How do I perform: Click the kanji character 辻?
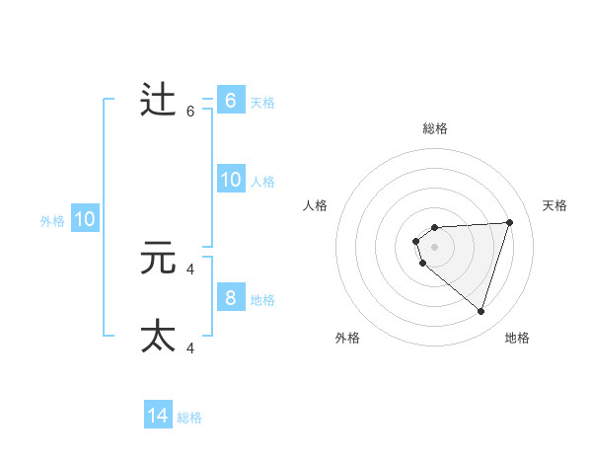(158, 101)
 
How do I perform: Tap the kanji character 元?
(158, 259)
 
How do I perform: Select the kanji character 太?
(158, 336)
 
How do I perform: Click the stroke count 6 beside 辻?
(190, 112)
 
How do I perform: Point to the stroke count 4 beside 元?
(190, 269)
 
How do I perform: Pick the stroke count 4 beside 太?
(190, 348)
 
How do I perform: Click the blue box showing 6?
(230, 101)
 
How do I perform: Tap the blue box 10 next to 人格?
(230, 180)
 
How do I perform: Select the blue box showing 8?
(230, 298)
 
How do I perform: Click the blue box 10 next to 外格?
(85, 219)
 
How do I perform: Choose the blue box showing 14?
(158, 416)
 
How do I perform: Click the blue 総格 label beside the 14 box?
(189, 418)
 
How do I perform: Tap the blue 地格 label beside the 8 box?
(262, 300)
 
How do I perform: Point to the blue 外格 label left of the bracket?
(52, 221)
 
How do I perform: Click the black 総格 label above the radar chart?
(435, 128)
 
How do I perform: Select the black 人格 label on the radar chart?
(316, 205)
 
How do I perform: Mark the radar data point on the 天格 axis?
(510, 222)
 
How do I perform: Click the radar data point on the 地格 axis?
(481, 311)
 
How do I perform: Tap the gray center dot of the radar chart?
(435, 246)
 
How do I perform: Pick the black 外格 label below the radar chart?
(347, 338)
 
